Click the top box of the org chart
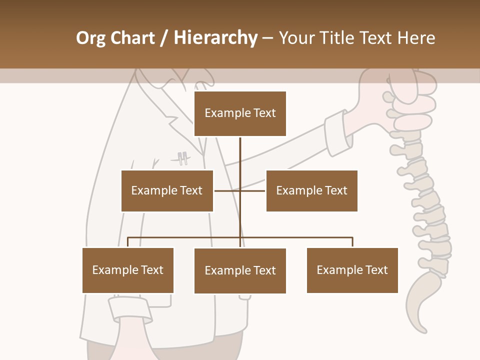click(x=240, y=113)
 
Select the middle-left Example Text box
click(x=167, y=190)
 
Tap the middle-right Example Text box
click(x=311, y=190)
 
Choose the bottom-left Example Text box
click(x=128, y=270)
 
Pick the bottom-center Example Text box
click(x=240, y=270)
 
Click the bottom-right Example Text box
click(x=352, y=270)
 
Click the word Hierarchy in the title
click(x=215, y=38)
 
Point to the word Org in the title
click(x=90, y=38)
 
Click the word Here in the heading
click(x=416, y=38)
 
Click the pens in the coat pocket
click(x=182, y=158)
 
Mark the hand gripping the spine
click(x=405, y=92)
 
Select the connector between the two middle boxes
click(x=240, y=190)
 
